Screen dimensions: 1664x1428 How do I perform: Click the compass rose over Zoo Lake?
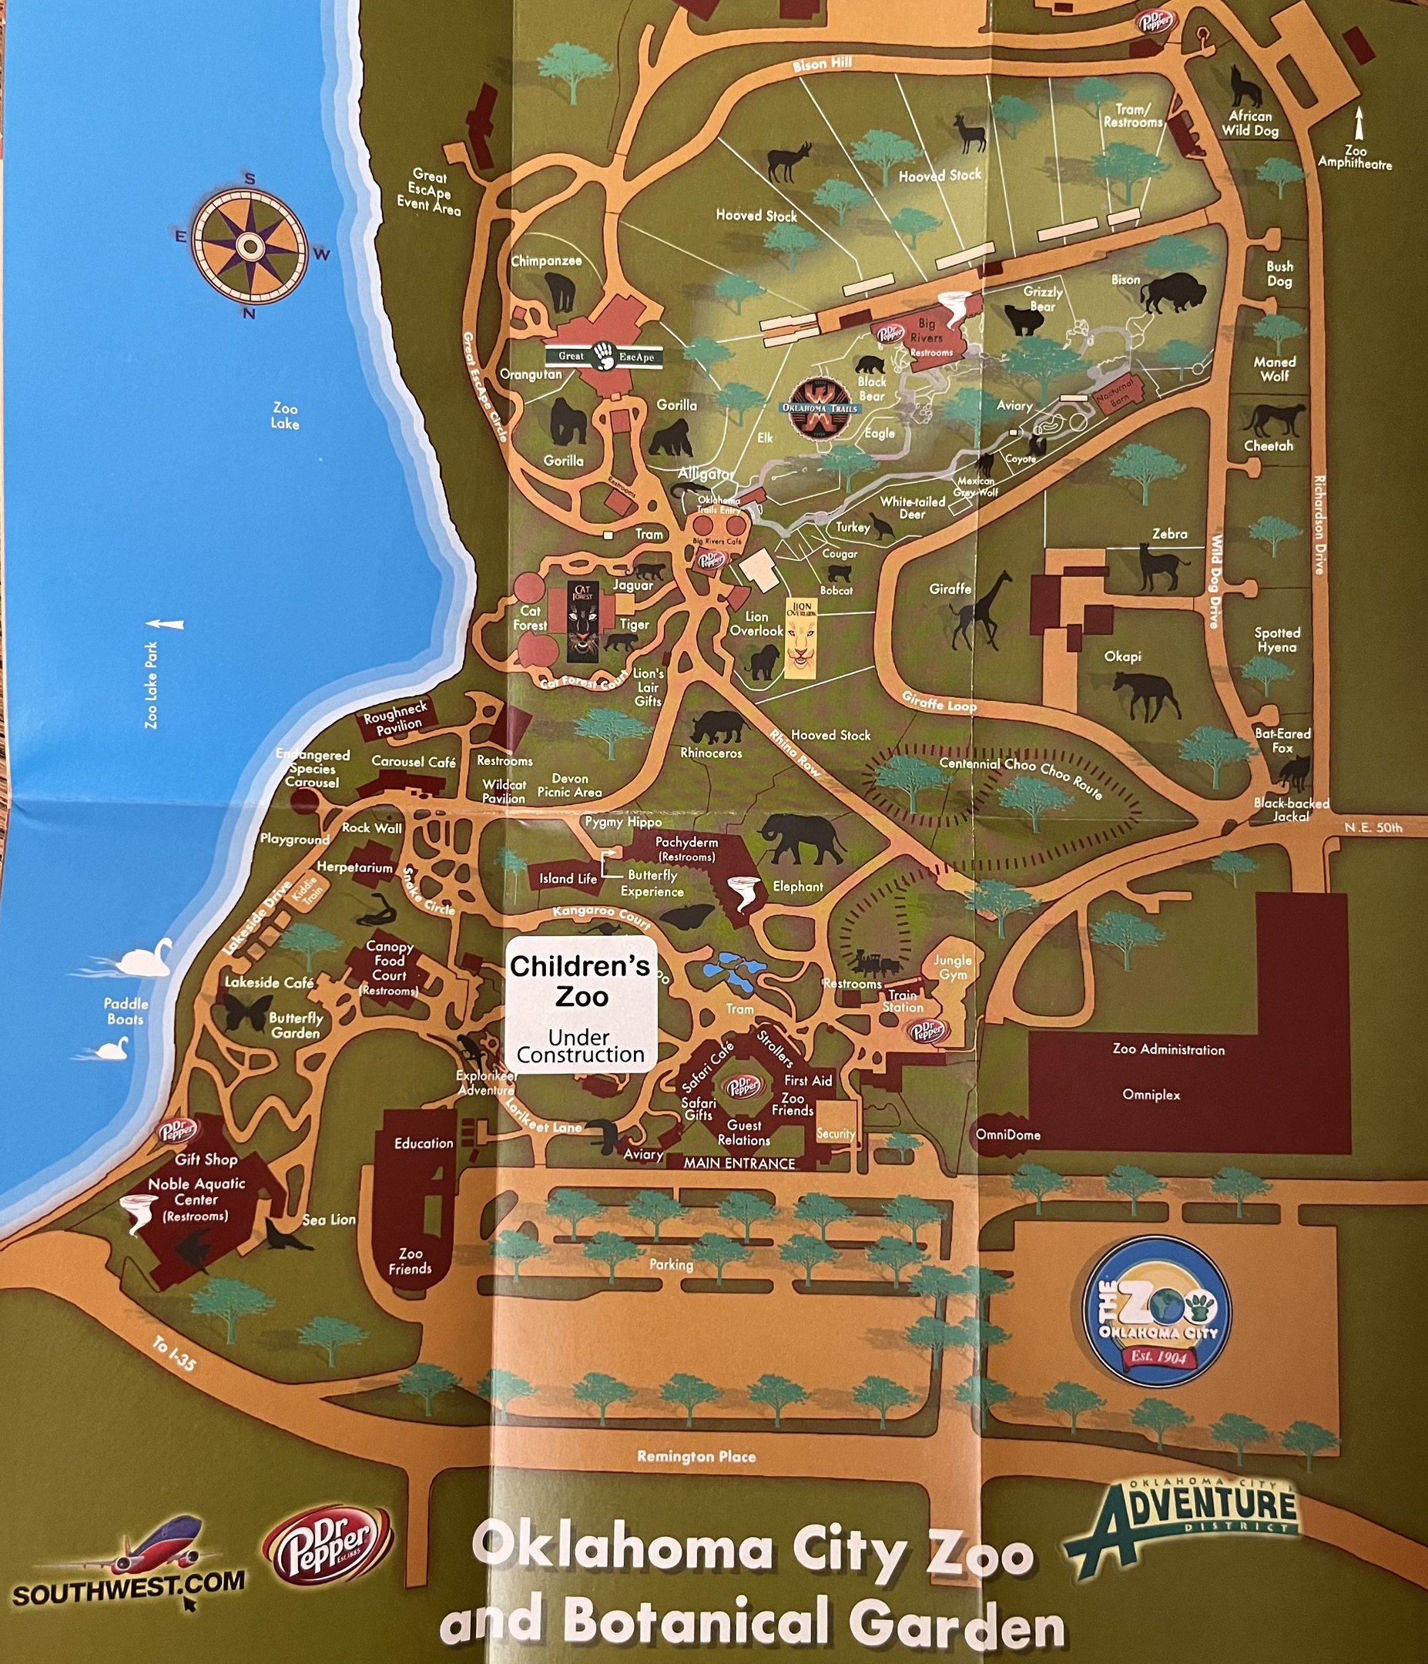[250, 244]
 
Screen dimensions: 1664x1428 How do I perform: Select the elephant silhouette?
[803, 840]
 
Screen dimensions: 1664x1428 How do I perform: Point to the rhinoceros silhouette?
[717, 726]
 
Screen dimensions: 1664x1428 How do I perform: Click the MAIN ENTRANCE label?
[739, 1162]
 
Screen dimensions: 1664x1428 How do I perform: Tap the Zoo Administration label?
[1168, 1048]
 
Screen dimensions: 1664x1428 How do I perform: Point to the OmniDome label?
[1008, 1135]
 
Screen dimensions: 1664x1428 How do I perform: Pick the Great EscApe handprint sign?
[604, 356]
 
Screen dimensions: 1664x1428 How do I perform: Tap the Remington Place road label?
[696, 1456]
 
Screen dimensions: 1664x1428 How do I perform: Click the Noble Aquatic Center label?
[196, 1192]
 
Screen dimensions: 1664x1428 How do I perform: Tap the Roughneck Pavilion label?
[394, 717]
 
